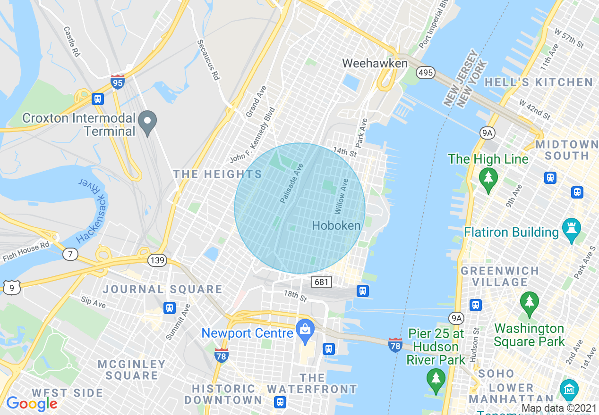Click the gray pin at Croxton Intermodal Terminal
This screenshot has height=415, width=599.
(148, 122)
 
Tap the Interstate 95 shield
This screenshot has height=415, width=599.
(118, 82)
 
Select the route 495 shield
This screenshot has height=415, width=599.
(425, 72)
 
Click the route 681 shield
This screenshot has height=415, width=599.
(322, 282)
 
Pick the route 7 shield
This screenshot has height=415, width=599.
(70, 254)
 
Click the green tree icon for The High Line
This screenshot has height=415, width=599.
(488, 178)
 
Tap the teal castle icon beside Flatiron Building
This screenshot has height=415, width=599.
(572, 230)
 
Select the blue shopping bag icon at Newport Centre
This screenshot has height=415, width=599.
(305, 330)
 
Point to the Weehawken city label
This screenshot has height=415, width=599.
(375, 63)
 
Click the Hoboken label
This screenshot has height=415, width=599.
(336, 225)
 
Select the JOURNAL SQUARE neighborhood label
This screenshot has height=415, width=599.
(163, 289)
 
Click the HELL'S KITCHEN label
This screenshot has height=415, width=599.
(539, 83)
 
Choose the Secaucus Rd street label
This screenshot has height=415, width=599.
(208, 60)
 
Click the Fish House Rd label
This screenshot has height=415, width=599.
(26, 251)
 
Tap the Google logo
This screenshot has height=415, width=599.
(32, 404)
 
